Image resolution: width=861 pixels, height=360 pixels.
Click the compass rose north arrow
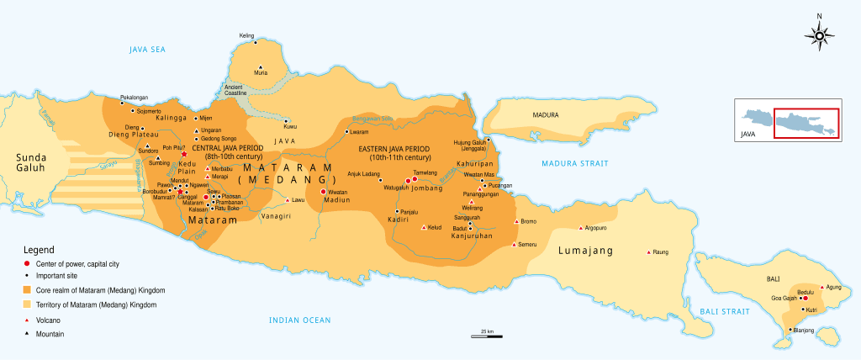coord(819,34)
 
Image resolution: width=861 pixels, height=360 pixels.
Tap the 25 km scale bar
coord(487,336)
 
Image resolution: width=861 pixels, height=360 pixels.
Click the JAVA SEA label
coord(148,50)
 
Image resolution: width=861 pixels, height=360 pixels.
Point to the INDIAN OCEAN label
coord(300,320)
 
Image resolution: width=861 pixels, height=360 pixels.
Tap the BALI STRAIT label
coord(725,312)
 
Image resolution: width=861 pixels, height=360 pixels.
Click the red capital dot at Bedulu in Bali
coord(805,298)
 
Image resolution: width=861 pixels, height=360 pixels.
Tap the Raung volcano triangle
coord(648,251)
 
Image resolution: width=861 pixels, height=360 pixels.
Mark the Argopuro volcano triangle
coord(580,228)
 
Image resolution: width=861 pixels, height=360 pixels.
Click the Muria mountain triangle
coord(261,67)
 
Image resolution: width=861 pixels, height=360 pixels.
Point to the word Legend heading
coord(38,251)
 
